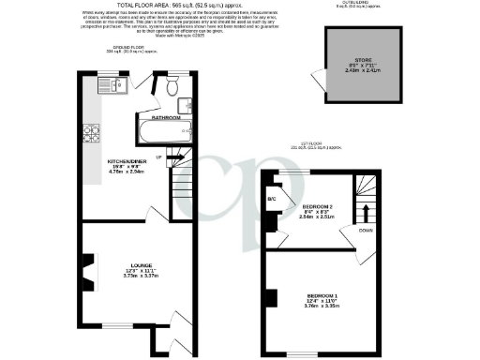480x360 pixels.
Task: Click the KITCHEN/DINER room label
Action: click(x=125, y=161)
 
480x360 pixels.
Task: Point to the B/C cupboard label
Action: click(x=272, y=199)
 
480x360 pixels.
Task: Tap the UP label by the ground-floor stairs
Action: click(x=159, y=156)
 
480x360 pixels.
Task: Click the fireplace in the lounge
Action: click(x=85, y=274)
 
